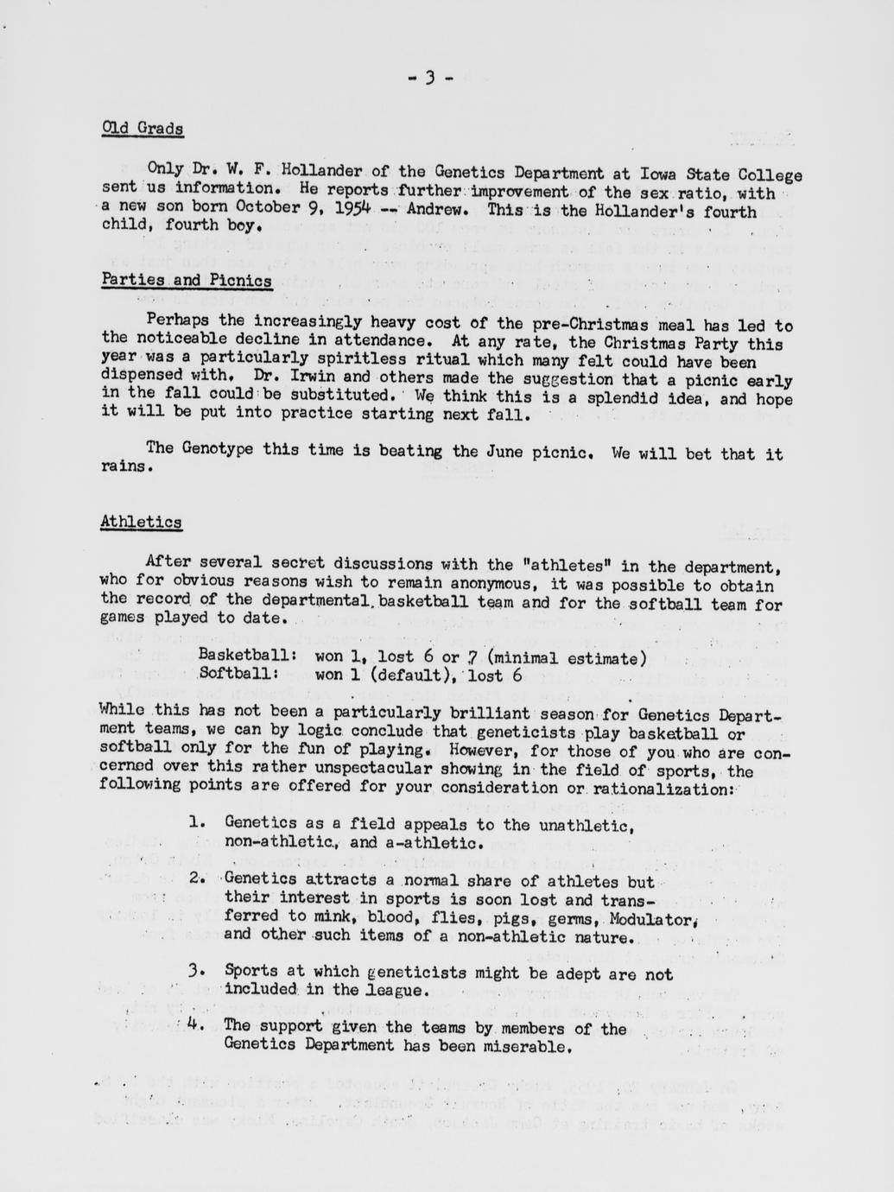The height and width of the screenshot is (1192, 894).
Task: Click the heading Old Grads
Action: (142, 129)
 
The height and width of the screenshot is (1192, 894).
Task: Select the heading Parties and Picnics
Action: (187, 281)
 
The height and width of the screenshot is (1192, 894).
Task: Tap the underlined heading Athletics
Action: (141, 522)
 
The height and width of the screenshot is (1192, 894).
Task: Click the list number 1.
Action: (196, 824)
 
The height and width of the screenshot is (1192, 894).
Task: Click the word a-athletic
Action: (433, 842)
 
